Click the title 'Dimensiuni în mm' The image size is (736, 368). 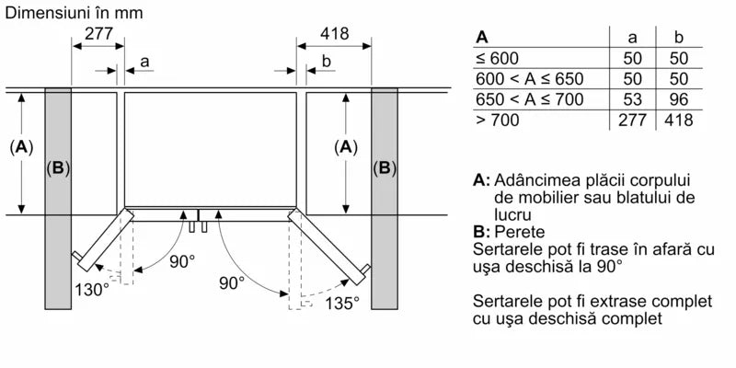coord(73,13)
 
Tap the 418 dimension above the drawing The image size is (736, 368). coord(334,34)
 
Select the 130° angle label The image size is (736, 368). coord(91,289)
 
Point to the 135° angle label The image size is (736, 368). coord(340,302)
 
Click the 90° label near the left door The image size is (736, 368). coord(181,261)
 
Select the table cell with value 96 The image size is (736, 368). coord(680,99)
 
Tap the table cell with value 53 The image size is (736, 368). coord(631,99)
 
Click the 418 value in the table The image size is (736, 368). coord(678,120)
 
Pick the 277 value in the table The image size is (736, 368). coord(631,120)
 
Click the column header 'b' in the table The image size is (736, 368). coord(680,38)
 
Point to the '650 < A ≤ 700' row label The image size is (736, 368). coord(529,99)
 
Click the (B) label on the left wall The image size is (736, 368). coord(58,167)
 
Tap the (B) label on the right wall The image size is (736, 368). coord(384,167)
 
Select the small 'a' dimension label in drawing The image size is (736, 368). coord(144,63)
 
